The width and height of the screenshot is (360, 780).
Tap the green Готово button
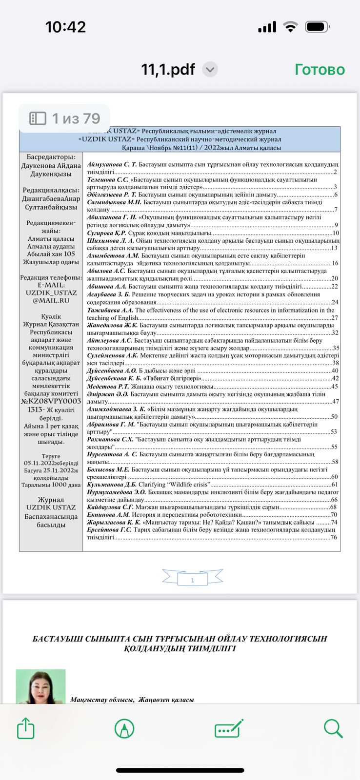pos(320,70)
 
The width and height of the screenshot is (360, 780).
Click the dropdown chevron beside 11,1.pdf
pos(210,70)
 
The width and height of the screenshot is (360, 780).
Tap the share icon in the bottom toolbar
pos(26,729)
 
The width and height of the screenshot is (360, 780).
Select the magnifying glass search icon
pos(333,728)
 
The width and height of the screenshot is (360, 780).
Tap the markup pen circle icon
pos(124,729)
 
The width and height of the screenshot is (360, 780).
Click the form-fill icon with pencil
pos(229,729)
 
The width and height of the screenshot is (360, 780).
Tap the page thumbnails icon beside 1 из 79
pos(38,118)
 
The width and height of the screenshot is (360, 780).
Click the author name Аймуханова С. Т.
pos(112,165)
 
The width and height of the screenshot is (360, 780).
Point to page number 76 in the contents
pos(334,537)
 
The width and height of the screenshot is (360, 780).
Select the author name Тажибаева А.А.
pos(110,310)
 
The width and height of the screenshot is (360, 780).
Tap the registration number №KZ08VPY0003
pos(51,401)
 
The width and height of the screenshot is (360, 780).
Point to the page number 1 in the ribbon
pos(192,580)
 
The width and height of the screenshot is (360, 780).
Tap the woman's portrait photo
pos(40,686)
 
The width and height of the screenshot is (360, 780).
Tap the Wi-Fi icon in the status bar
pos(291,27)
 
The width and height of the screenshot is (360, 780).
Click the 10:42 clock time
pos(65,27)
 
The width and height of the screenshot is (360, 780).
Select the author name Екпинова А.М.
pos(108,514)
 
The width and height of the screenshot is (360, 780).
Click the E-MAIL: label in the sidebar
pos(51,285)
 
